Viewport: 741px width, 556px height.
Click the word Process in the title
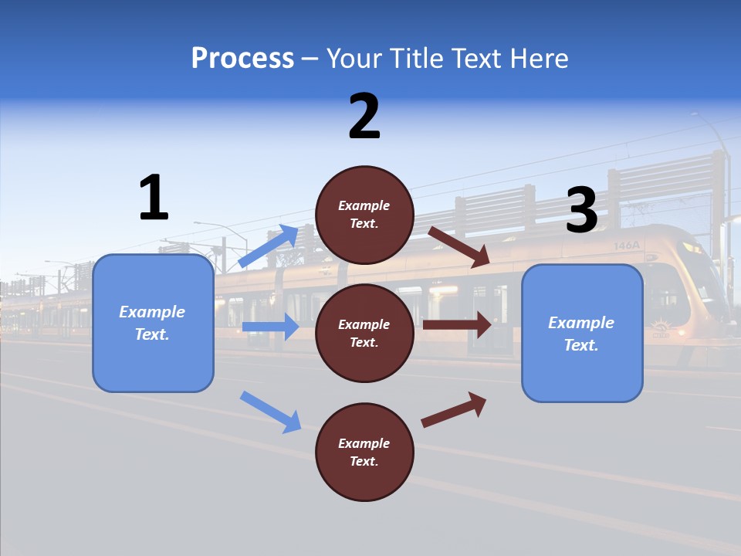(242, 59)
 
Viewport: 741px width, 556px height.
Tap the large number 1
(154, 198)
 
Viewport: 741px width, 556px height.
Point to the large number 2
(364, 117)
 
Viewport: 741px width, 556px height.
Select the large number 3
(581, 210)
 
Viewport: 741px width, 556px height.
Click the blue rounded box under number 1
(153, 323)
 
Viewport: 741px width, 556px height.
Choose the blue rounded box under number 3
(582, 333)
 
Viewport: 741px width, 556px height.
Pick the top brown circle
(364, 215)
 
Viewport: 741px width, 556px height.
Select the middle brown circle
(364, 333)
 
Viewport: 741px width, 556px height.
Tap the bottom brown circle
(364, 452)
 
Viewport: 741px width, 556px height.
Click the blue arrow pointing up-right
(268, 246)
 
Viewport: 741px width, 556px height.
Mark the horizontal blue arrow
(270, 327)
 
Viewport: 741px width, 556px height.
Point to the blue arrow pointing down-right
(270, 412)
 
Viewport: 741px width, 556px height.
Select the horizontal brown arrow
(457, 324)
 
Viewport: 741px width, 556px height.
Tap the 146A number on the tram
(627, 246)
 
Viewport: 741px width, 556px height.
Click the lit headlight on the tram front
(689, 249)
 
